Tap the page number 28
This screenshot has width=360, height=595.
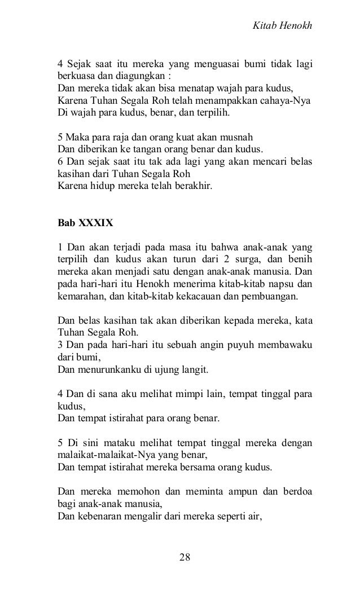pos(185,557)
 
